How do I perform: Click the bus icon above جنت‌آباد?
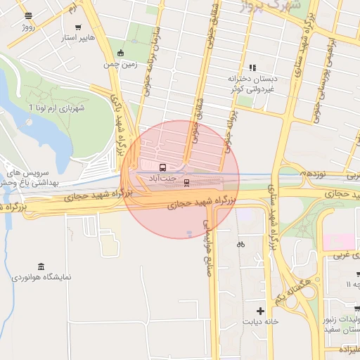[163, 168]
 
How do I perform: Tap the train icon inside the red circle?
[186, 183]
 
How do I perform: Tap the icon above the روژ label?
[27, 15]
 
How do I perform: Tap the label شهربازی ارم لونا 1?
[56, 108]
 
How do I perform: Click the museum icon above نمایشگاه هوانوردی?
[40, 266]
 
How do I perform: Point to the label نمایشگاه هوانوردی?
[41, 278]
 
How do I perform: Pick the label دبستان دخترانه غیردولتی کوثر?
[252, 85]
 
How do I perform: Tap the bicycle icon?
[241, 244]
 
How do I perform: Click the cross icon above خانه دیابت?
[261, 311]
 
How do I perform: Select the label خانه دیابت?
[261, 322]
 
